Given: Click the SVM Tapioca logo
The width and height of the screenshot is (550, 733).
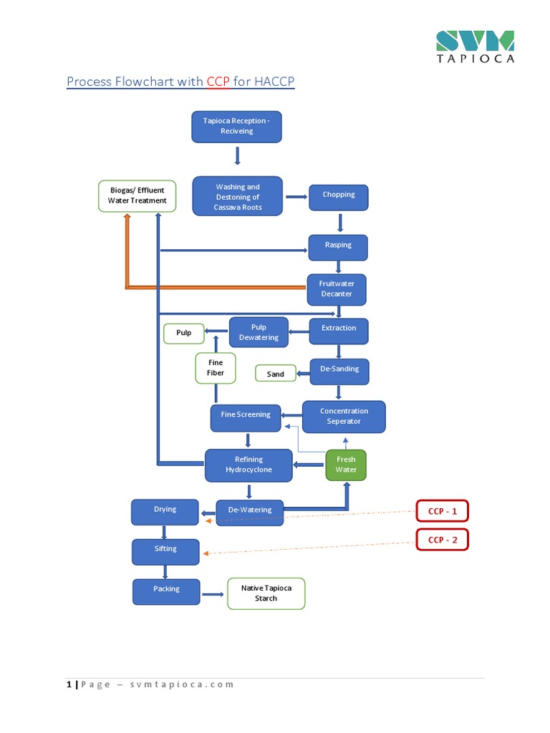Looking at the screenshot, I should pos(476,47).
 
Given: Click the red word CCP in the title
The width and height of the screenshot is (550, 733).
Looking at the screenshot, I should pos(218,82).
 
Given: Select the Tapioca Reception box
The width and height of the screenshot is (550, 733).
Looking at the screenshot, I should pos(236,127).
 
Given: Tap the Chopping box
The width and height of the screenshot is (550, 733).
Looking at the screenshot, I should pos(339,195).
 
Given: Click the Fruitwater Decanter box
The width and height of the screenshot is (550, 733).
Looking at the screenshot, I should pos(337,289).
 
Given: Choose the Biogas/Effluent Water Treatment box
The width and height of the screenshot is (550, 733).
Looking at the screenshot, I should pos(137,196).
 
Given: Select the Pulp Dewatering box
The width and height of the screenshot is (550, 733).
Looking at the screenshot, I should pos(259,333).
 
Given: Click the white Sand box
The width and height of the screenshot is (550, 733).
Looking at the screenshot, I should pos(276,374).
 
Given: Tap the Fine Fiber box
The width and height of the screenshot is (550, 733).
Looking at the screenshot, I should pos(216,368).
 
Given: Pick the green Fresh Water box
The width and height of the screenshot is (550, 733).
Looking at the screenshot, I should pos(346,465).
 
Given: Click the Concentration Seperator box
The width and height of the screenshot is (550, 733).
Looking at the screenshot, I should pos(344,417).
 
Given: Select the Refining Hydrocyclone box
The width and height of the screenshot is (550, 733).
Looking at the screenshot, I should pos(249,465).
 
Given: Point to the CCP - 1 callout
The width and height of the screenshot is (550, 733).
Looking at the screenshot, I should pos(443,511).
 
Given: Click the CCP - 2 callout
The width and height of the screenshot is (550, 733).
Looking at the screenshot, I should pos(443,539).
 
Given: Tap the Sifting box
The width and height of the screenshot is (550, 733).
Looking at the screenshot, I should pos(165,550).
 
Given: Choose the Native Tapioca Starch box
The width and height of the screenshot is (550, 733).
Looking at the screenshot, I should pos(266,593).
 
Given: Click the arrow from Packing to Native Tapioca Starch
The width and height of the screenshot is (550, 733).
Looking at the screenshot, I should pos(213,594).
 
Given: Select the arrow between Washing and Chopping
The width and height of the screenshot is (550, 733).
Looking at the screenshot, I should pos(296,196).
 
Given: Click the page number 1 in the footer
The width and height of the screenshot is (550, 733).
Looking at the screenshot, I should pos(69,684).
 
